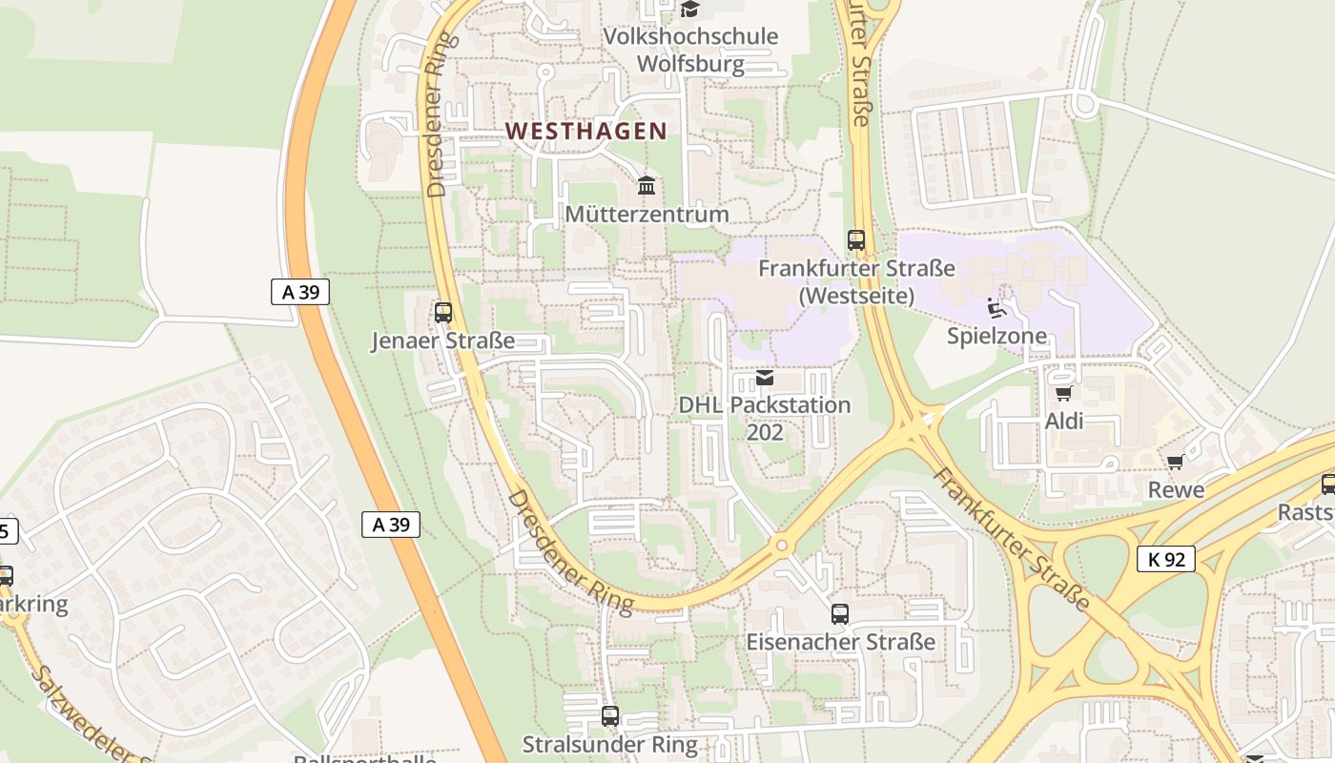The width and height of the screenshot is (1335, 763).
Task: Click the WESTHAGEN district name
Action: tap(585, 132)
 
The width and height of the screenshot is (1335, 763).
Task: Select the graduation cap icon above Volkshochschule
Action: tap(689, 10)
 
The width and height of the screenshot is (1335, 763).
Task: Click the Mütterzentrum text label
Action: tap(647, 215)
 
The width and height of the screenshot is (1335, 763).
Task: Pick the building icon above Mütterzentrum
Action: tap(647, 185)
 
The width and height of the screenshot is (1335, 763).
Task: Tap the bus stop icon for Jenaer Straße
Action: tap(442, 312)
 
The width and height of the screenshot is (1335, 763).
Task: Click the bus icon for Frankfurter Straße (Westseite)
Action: tap(856, 240)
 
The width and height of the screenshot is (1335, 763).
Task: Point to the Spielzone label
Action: tap(996, 336)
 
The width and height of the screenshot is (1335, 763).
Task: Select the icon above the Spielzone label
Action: tap(997, 307)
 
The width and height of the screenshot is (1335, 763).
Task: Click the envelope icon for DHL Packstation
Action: tap(765, 379)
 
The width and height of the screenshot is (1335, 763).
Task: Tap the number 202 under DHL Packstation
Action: tap(765, 433)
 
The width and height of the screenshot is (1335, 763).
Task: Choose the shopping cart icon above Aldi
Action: tap(1063, 393)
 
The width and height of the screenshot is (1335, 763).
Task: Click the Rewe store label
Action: tap(1177, 490)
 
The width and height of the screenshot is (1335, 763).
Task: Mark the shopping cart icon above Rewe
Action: tap(1176, 463)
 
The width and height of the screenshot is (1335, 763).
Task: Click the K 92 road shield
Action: tap(1166, 559)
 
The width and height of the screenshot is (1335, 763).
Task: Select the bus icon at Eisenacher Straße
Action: tap(839, 614)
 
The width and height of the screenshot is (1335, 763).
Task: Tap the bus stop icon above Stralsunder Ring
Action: tap(610, 715)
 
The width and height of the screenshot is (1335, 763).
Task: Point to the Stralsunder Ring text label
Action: tap(610, 744)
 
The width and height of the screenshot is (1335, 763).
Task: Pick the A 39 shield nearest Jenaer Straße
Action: tap(300, 292)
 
